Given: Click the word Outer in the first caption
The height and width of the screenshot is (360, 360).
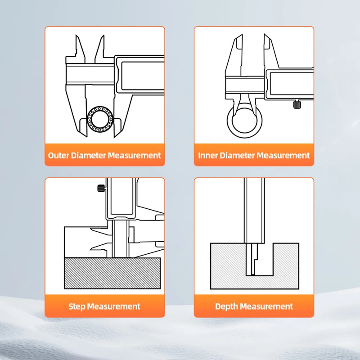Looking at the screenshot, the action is [x=58, y=155].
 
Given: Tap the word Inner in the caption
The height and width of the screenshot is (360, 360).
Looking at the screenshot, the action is [x=208, y=155].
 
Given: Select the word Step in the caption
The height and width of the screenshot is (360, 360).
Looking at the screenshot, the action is [x=76, y=307].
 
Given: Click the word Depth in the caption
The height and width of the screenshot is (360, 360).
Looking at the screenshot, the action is [x=226, y=307].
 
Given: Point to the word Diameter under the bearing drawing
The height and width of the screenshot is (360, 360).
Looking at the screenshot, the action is [x=88, y=155].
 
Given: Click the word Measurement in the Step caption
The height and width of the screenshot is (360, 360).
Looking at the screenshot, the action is [x=113, y=306].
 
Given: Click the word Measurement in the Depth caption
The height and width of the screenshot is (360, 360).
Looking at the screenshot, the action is [x=266, y=306].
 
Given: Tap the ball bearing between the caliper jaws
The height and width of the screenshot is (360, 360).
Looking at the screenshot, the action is [x=100, y=119].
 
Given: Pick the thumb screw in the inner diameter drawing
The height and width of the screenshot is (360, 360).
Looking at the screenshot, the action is [x=297, y=104].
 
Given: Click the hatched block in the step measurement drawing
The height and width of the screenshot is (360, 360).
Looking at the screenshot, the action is [x=112, y=273].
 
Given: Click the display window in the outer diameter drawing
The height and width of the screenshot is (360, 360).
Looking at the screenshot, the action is [x=143, y=76].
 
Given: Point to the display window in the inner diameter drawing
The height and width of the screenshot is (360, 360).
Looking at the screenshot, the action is [x=292, y=84].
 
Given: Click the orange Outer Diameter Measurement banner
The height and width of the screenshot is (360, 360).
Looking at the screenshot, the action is [x=105, y=155].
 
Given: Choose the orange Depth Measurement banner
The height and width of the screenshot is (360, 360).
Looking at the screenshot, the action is [x=254, y=306].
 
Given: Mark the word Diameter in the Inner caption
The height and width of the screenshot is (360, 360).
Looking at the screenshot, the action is [x=237, y=155].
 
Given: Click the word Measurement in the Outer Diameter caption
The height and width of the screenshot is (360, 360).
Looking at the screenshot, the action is [x=134, y=155].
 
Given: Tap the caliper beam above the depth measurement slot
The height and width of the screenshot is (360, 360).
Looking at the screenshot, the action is [x=254, y=211].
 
